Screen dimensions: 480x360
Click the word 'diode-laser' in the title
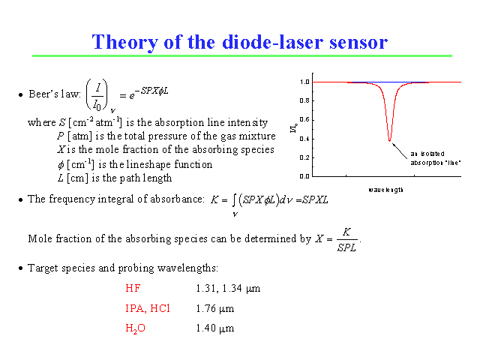(x=272, y=42)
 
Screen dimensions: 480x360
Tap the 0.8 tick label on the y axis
(x=304, y=100)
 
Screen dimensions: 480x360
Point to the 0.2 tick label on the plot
(x=304, y=157)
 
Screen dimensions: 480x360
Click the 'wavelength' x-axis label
(x=385, y=190)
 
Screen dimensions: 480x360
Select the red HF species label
(x=133, y=288)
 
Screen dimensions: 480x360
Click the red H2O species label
(x=135, y=328)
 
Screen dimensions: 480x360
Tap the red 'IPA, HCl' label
(x=148, y=308)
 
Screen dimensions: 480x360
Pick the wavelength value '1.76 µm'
(x=215, y=308)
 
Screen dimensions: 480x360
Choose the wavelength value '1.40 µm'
(x=215, y=328)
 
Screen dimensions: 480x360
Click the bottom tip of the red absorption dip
(x=389, y=141)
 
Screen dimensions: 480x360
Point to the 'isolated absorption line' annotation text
(x=435, y=158)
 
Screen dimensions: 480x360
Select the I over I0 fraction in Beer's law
(x=97, y=94)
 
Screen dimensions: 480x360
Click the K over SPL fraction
(x=346, y=240)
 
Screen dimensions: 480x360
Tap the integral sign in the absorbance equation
(x=234, y=200)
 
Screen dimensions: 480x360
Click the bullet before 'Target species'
(x=20, y=268)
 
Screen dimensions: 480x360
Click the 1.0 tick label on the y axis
(x=304, y=82)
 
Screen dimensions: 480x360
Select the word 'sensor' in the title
(x=358, y=42)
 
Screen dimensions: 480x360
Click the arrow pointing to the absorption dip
(x=400, y=151)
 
